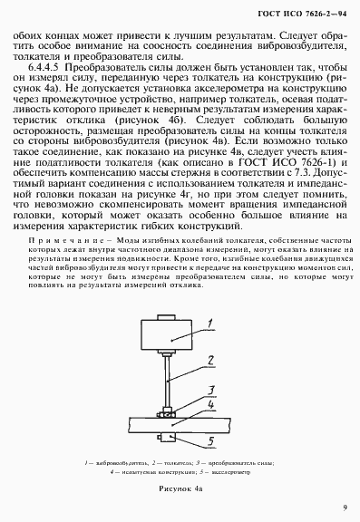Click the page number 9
[x=345, y=507]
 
